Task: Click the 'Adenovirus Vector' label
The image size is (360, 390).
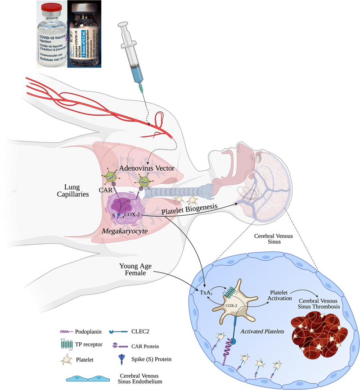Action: click(147, 167)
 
